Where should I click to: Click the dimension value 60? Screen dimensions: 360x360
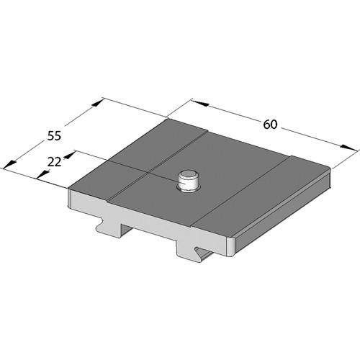click(x=270, y=125)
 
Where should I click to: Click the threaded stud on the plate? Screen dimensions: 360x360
click(x=189, y=181)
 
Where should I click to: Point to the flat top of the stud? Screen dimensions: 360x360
click(x=189, y=174)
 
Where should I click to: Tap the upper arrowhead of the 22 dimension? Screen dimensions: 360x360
click(x=70, y=153)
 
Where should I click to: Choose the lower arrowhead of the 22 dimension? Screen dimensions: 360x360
click(x=40, y=177)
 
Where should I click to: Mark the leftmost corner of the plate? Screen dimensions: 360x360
click(x=69, y=191)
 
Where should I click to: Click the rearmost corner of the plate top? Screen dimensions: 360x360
click(x=167, y=120)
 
